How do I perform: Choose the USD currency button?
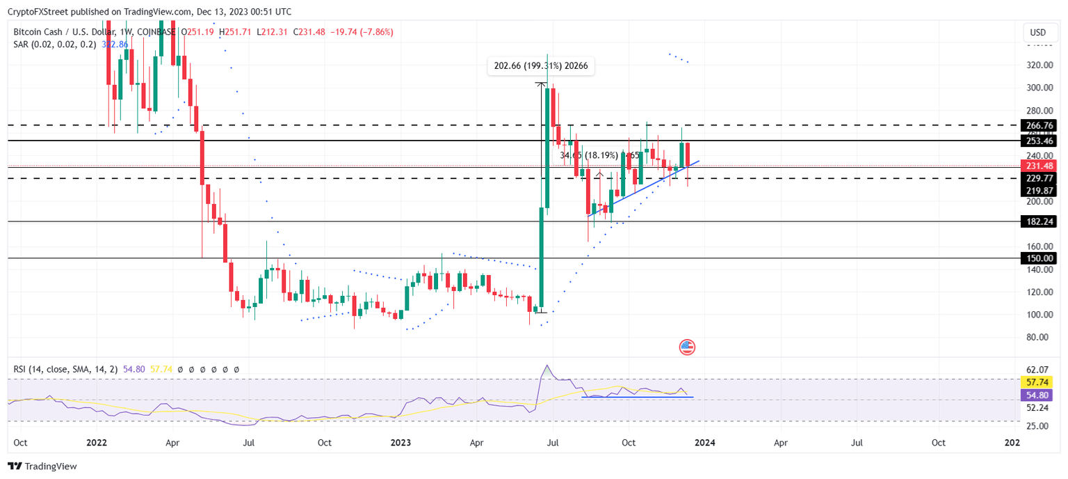coord(1037,33)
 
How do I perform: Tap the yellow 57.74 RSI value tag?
coord(1037,382)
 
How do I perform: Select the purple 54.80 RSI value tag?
coord(1037,395)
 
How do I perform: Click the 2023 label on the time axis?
coord(401,442)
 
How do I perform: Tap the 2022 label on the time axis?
coord(97,442)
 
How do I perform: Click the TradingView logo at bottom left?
coord(42,466)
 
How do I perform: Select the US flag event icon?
coord(687,347)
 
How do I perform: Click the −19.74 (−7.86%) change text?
coord(363,32)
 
